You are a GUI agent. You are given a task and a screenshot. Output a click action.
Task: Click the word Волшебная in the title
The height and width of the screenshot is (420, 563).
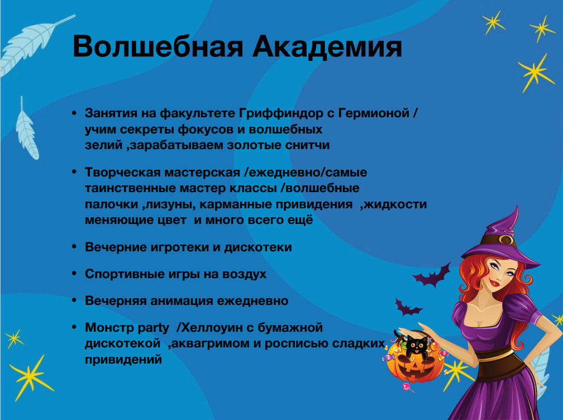pos(158,47)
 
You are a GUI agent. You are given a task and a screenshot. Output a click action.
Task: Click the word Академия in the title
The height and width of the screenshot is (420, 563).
pos(327,47)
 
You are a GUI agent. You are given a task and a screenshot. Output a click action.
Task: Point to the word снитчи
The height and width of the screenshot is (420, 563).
pos(307,145)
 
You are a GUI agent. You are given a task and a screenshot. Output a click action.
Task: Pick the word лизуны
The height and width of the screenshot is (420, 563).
pos(170,204)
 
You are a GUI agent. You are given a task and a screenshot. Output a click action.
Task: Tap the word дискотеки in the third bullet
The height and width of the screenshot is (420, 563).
pos(258,247)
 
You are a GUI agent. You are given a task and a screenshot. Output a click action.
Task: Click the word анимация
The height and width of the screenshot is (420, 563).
pos(182,301)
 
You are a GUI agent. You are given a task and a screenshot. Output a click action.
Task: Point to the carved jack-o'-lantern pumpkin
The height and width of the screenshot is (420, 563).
pos(414,362)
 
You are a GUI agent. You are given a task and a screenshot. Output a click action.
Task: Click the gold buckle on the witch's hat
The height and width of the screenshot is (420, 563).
pos(507,240)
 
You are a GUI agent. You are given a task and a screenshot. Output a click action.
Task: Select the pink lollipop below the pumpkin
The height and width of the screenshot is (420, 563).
pos(406,387)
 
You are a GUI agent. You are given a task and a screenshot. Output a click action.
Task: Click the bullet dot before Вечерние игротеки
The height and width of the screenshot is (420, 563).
pos(74,247)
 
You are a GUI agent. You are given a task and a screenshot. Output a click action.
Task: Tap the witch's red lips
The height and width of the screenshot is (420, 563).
pos(495,283)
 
